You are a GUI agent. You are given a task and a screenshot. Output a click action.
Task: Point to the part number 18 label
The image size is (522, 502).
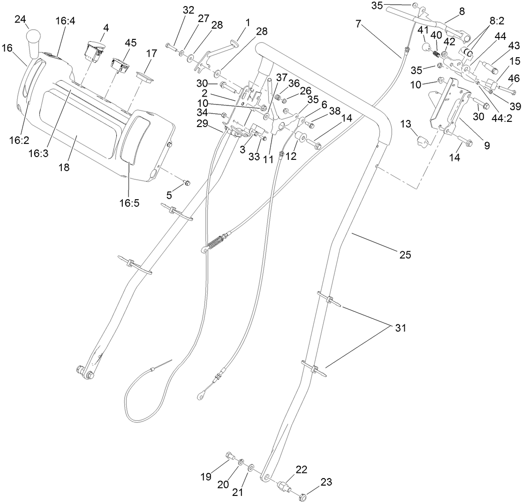tap(64, 167)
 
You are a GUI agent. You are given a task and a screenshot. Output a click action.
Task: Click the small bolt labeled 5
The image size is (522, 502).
tap(187, 182)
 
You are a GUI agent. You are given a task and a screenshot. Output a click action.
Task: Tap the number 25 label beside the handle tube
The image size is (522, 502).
tap(405, 255)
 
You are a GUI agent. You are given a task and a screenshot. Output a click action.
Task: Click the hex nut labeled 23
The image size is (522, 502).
tap(303, 495)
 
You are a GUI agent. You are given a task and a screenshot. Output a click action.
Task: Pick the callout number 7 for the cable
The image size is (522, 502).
tap(358, 23)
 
